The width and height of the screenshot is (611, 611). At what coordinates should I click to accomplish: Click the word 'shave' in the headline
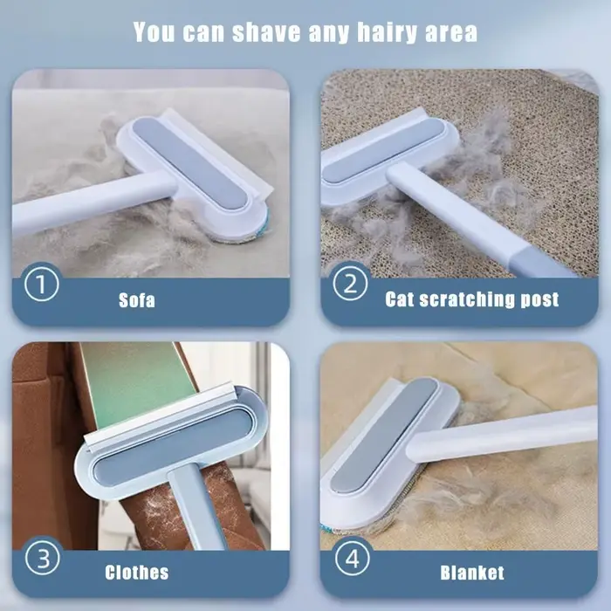click(266, 32)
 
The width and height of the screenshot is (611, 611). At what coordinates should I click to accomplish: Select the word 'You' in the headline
click(154, 31)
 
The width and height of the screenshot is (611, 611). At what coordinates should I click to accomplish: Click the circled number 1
click(42, 284)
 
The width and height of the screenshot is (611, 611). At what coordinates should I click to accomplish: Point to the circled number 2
click(350, 284)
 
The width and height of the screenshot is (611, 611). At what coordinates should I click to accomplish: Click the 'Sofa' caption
click(137, 300)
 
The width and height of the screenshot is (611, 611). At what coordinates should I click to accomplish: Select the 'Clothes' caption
click(137, 573)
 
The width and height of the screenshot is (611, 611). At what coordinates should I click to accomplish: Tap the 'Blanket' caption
click(472, 573)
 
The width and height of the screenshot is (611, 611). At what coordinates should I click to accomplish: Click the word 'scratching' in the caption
click(466, 299)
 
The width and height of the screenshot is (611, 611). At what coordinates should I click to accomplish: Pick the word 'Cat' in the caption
click(400, 299)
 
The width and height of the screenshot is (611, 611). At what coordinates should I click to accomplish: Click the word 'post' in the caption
click(539, 300)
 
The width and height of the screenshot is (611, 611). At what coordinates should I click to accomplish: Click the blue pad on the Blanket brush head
click(384, 435)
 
